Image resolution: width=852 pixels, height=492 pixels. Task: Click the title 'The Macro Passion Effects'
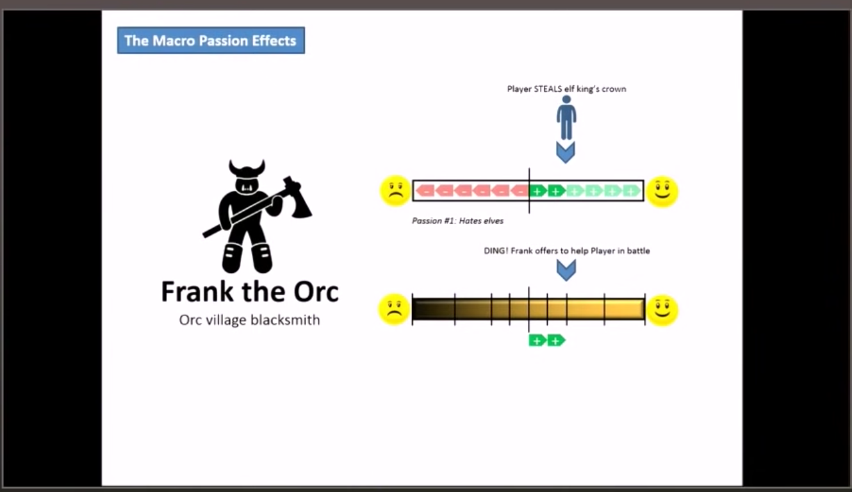(210, 40)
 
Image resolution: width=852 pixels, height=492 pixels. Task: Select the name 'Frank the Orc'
(249, 291)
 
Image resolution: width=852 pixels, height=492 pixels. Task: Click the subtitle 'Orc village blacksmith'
(249, 320)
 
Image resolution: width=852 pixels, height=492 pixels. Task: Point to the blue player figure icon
(566, 118)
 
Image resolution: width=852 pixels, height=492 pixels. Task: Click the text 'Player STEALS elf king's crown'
(566, 89)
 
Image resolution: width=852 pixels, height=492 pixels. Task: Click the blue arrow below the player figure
(566, 152)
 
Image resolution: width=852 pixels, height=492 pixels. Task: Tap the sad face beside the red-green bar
(395, 190)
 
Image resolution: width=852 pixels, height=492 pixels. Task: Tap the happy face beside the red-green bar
(662, 190)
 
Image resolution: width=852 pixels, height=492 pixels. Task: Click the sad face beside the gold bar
(394, 309)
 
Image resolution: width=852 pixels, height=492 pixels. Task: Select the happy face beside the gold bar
(662, 309)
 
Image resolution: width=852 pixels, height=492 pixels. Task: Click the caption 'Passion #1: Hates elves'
(457, 221)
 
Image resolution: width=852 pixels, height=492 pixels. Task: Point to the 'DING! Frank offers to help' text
(566, 250)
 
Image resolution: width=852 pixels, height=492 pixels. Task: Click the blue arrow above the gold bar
(566, 270)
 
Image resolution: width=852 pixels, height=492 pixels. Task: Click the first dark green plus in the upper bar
(537, 190)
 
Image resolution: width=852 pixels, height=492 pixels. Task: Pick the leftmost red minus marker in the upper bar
(425, 190)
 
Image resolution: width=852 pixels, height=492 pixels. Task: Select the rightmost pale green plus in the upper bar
(632, 190)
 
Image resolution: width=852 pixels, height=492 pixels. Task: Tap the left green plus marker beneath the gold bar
(537, 340)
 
